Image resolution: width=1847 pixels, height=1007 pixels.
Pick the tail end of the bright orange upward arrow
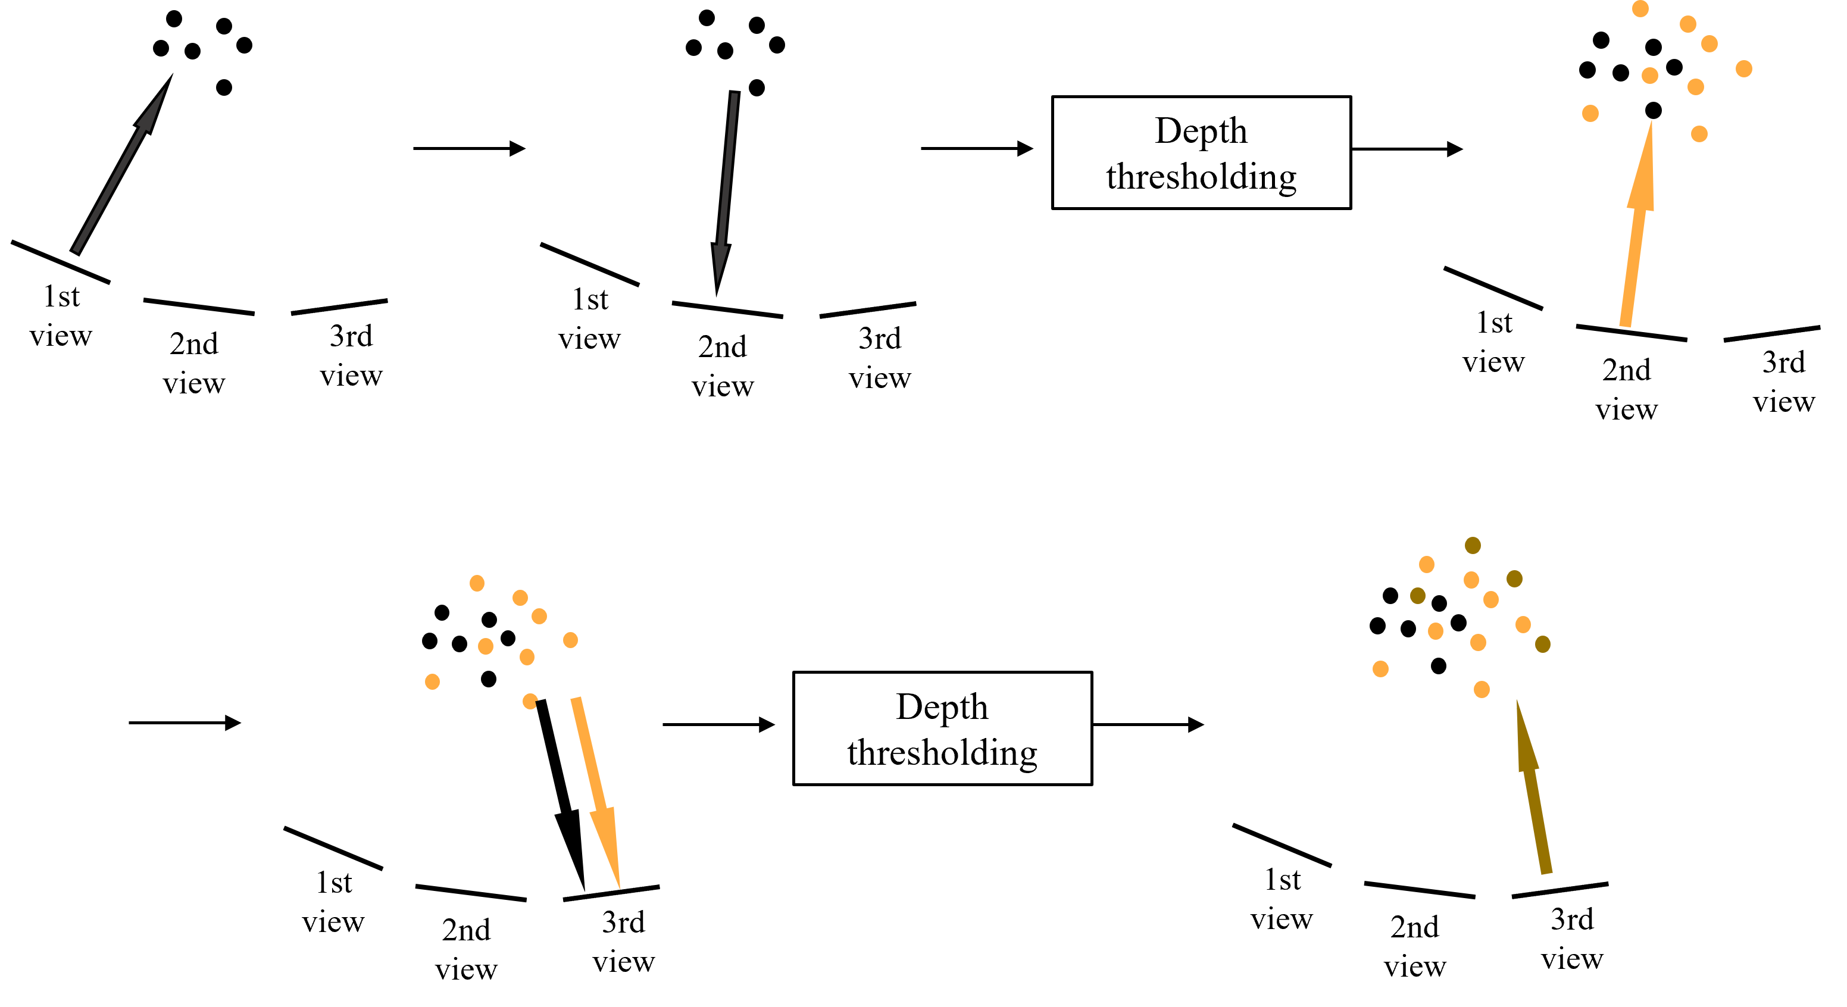[x=1626, y=326]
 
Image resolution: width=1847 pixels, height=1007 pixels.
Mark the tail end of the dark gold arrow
[x=1547, y=873]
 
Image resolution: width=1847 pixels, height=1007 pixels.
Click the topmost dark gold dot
[x=1473, y=545]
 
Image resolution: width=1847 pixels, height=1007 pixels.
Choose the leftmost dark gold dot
[x=1417, y=596]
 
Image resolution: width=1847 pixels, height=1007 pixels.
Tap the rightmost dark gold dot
[x=1543, y=645]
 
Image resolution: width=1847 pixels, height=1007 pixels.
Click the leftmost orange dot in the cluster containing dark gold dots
[x=1380, y=669]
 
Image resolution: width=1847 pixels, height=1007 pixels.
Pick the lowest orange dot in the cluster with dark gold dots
[x=1482, y=690]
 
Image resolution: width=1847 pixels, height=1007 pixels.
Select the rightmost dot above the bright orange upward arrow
[x=1744, y=69]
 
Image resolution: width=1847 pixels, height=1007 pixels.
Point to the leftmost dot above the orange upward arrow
[x=1590, y=113]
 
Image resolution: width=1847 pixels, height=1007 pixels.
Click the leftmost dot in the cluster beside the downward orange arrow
[x=432, y=681]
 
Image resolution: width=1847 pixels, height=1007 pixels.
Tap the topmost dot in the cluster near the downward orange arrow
[x=477, y=583]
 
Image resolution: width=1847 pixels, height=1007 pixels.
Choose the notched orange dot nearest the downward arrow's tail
[x=530, y=701]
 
